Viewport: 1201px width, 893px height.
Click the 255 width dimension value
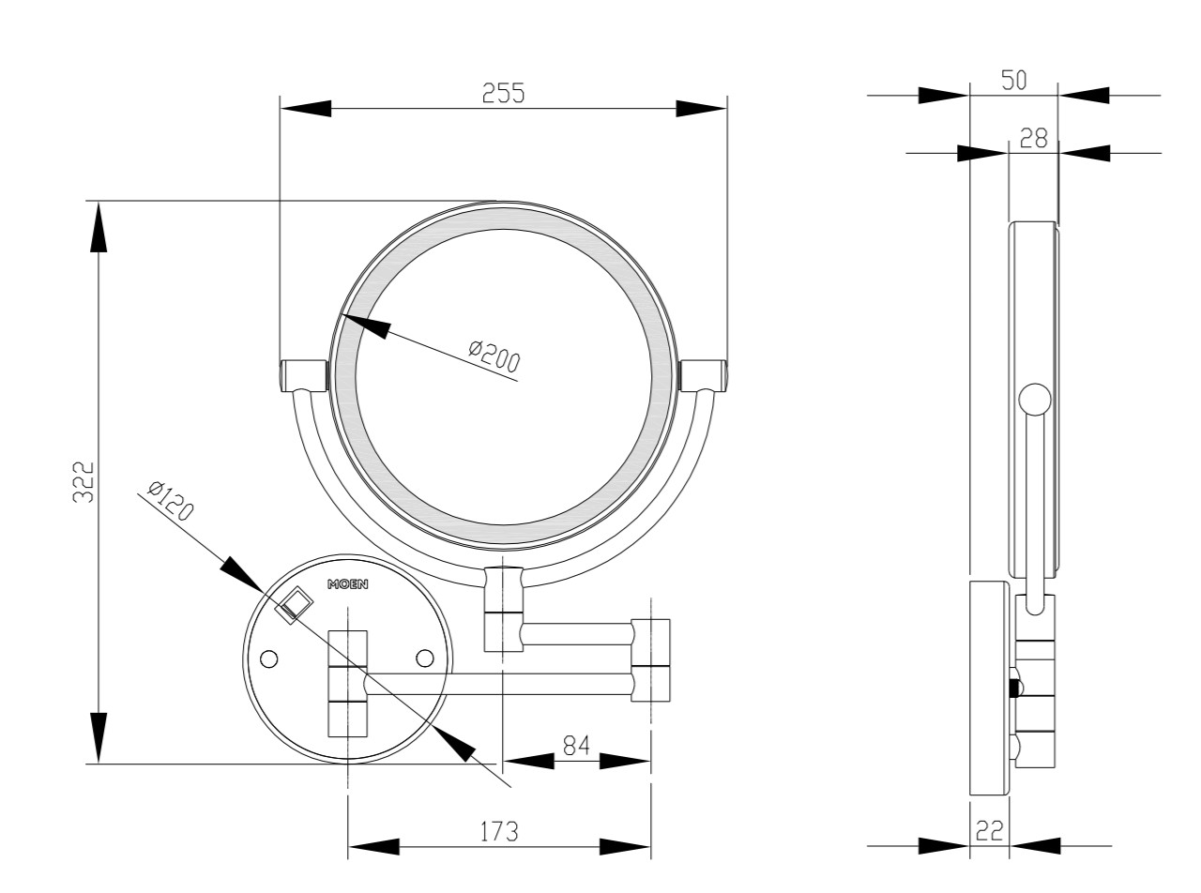[x=503, y=93]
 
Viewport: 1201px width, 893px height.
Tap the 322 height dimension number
[x=84, y=481]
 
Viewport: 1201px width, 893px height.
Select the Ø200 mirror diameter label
[x=494, y=356]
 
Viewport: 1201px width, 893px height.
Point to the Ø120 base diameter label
[x=170, y=500]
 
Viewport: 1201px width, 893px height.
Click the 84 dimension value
[x=576, y=746]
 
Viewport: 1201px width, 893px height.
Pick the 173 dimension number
[x=499, y=832]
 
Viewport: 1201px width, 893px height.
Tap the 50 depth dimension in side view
[x=1013, y=80]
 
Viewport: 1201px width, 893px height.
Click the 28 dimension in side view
[x=1034, y=139]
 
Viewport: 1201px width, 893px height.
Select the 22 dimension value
[x=989, y=831]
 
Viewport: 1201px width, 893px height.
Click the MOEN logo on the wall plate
[x=347, y=584]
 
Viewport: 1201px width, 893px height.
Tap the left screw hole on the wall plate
[x=269, y=659]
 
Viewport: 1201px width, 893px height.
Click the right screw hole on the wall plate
[x=424, y=658]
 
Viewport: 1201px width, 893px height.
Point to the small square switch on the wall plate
[x=294, y=606]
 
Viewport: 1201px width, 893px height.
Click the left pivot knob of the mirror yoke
[x=303, y=375]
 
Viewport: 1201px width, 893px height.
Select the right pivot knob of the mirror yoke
[x=704, y=375]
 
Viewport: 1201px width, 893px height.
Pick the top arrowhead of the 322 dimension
[x=99, y=227]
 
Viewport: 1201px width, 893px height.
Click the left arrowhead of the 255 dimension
[x=306, y=108]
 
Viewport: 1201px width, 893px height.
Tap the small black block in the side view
[x=1013, y=689]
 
